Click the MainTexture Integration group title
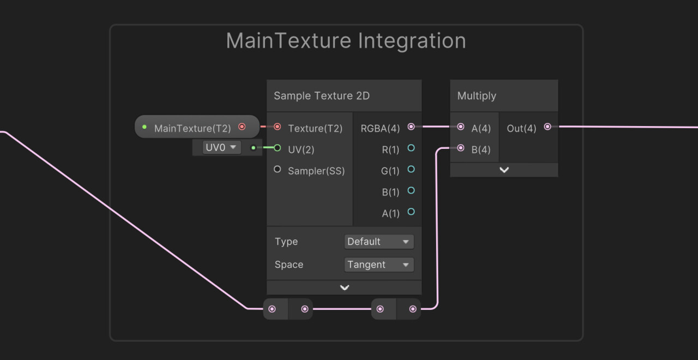click(346, 41)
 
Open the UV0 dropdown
click(222, 147)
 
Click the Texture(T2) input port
click(277, 127)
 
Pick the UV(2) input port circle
click(277, 148)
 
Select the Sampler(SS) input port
click(277, 169)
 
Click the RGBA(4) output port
click(411, 127)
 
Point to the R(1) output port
click(411, 148)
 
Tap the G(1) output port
click(411, 169)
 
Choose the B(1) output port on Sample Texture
click(411, 190)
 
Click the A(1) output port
click(411, 212)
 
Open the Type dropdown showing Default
click(379, 242)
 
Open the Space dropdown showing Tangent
click(379, 265)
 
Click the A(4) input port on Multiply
click(461, 127)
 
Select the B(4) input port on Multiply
click(461, 148)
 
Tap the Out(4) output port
click(547, 127)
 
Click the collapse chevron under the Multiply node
click(504, 170)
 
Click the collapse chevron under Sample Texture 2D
click(344, 287)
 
